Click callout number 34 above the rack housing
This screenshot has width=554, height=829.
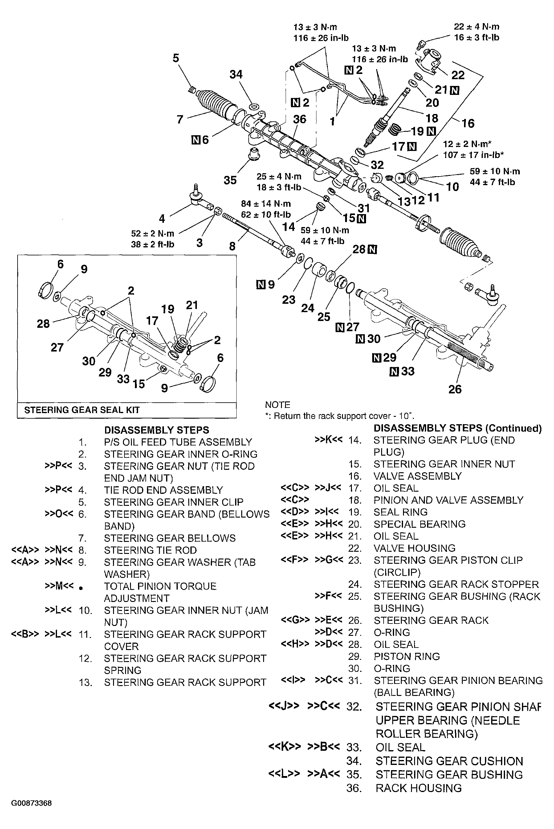236,75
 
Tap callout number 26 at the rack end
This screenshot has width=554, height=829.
455,389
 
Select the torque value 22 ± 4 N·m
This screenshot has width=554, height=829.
476,27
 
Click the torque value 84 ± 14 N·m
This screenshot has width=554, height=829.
266,204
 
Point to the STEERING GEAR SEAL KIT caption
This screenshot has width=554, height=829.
82,410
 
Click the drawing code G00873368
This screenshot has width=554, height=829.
31,803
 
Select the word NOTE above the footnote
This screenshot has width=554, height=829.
277,405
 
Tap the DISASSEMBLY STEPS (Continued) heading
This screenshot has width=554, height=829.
457,429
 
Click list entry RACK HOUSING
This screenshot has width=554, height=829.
418,788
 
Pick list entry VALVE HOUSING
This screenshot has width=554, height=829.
414,548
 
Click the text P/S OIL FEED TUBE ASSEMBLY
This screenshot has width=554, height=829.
178,442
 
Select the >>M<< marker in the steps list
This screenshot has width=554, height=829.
59,586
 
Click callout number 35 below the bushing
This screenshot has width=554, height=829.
230,180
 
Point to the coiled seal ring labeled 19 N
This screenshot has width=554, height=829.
397,129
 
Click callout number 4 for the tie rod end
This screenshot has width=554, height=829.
162,219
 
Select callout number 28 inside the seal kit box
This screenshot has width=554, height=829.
43,323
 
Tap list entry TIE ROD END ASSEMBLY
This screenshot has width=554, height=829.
163,490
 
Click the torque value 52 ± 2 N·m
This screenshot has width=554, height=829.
153,234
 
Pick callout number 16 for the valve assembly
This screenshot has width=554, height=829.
468,123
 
